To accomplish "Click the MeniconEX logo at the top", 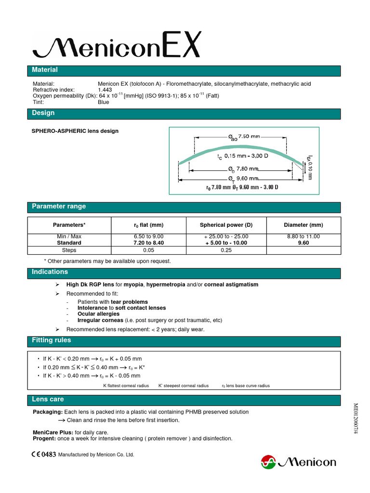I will click(x=116, y=46).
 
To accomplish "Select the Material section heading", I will click(x=45, y=70).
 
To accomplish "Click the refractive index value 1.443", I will click(x=106, y=90).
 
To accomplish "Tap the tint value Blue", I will click(x=104, y=102).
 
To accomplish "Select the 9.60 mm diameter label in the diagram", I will click(x=246, y=178).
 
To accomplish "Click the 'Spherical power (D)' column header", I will click(x=226, y=225).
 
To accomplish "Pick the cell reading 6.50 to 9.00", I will click(x=148, y=236).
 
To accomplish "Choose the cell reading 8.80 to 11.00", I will click(x=303, y=236).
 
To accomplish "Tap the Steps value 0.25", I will click(x=226, y=250).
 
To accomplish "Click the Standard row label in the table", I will click(x=69, y=243).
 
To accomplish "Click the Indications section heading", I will click(x=50, y=272).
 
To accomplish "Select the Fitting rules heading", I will click(x=52, y=340).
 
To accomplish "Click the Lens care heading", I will click(x=48, y=400).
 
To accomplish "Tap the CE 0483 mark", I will click(x=44, y=454).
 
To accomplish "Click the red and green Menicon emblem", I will click(x=268, y=463).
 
